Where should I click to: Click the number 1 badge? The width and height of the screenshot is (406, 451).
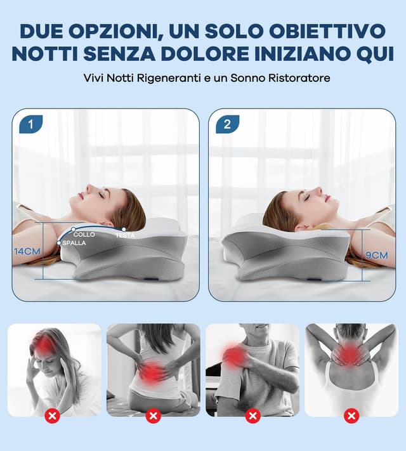30,124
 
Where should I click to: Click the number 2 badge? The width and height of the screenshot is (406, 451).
227,124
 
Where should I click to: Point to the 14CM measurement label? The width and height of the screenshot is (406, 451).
27,251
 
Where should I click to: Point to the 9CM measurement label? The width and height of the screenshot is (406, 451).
377,255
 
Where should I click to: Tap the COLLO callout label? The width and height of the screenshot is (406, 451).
84,235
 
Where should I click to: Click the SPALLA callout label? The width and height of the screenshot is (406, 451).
74,243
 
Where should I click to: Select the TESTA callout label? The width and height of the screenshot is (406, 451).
124,235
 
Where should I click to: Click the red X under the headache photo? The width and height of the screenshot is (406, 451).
54,416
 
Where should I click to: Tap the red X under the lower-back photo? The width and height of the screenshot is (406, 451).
154,416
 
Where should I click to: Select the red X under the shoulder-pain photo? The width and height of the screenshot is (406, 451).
252,416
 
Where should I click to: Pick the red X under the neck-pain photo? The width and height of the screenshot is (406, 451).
351,416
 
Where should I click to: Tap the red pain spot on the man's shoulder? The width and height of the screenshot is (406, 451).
235,356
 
